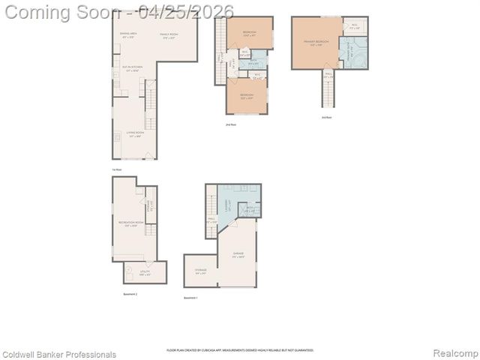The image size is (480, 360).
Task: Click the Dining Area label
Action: point(129,34)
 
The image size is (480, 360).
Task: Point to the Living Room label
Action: point(135,135)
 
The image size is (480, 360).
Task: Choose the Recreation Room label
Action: point(127,224)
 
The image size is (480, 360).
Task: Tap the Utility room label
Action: point(145,274)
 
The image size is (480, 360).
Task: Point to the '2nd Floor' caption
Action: point(229,124)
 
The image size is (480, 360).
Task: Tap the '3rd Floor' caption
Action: point(326,117)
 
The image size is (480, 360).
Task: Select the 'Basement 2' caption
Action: point(130,294)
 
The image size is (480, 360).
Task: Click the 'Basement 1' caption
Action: point(192,298)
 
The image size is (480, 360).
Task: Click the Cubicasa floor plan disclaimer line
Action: point(240,350)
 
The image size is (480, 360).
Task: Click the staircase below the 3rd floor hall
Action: point(328,94)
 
